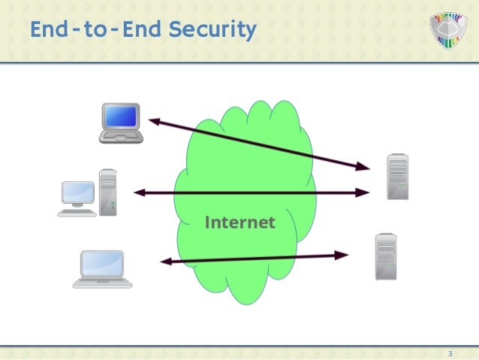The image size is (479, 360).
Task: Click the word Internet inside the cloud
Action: [239, 222]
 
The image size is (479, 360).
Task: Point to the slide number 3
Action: [449, 353]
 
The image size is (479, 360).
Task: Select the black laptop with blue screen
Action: [120, 123]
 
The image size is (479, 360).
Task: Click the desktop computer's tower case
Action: [108, 191]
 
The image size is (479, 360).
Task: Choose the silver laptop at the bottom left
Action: [102, 269]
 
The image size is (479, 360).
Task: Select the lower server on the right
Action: [386, 256]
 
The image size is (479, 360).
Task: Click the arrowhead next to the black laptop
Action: [152, 119]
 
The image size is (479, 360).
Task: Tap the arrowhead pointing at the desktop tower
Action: [140, 193]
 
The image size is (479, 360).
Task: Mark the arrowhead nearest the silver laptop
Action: [166, 262]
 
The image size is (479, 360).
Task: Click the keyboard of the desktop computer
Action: [77, 213]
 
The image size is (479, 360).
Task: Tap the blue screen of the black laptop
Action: [120, 116]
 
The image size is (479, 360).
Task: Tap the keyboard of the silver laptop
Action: [102, 283]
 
